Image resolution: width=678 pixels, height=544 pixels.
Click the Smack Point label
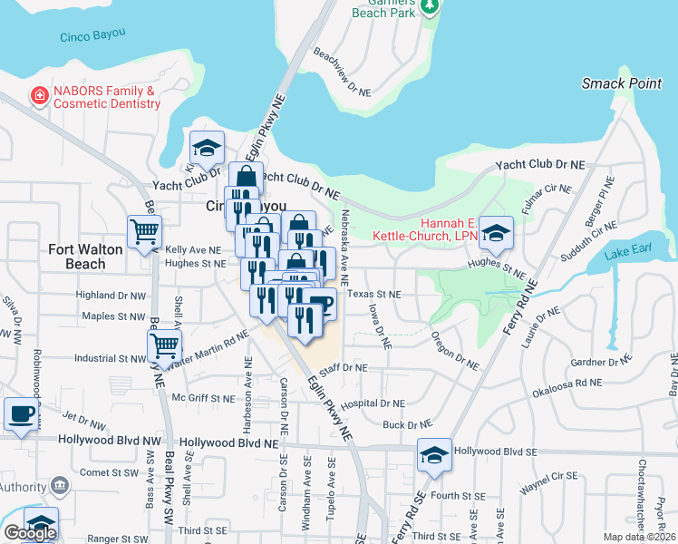tap(621, 83)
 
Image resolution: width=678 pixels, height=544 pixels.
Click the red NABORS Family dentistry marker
tap(39, 94)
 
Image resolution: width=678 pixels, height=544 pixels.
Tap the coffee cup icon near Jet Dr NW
tap(22, 414)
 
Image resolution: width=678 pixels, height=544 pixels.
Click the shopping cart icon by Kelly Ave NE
tap(144, 232)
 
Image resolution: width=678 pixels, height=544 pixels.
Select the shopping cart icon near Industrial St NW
tap(164, 345)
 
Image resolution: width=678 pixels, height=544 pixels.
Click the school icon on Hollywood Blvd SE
tap(434, 455)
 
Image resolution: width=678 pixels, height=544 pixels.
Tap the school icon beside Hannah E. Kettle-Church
tap(496, 233)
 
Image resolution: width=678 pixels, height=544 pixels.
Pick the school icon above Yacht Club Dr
tap(207, 148)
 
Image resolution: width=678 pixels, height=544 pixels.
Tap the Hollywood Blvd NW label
tap(102, 440)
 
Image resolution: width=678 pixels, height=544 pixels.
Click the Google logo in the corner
tap(30, 533)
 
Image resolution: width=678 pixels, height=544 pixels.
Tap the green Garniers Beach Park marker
tap(432, 8)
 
